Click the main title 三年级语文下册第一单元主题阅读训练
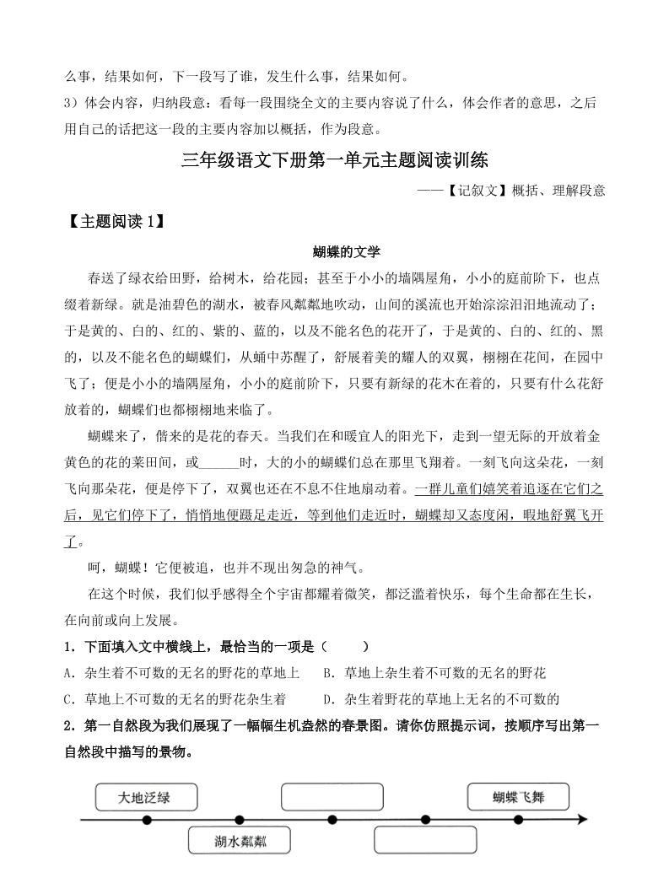tap(335, 160)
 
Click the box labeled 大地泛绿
tap(146, 797)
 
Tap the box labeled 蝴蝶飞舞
tap(518, 796)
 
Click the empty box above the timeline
tap(332, 797)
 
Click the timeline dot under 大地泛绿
tap(147, 819)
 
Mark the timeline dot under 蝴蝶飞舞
tap(518, 819)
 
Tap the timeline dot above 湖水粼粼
tap(239, 819)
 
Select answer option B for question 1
tap(434, 673)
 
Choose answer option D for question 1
tap(441, 699)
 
